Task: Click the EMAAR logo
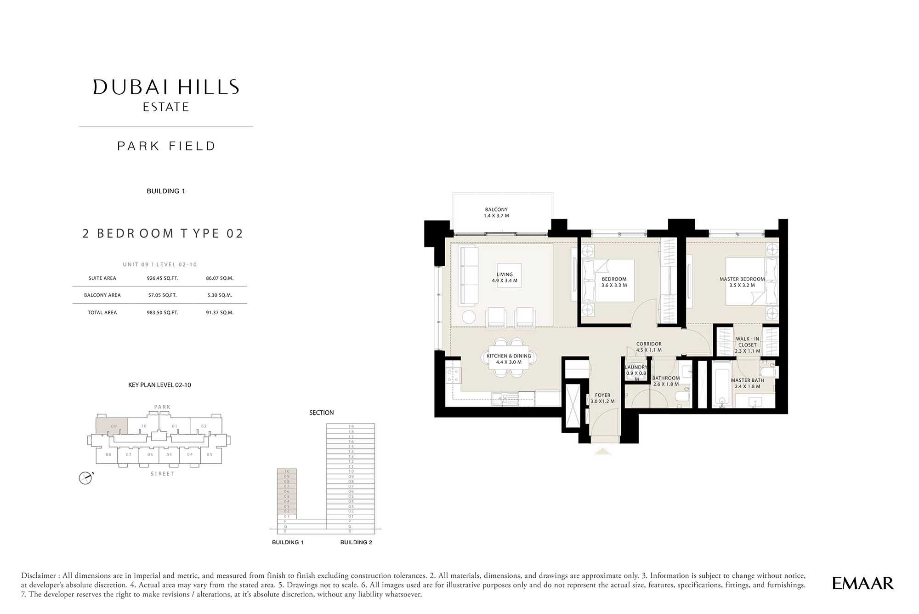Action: point(863,583)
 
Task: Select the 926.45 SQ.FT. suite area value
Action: point(162,278)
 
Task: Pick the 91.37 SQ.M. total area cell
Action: point(220,313)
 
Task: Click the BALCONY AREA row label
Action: point(102,295)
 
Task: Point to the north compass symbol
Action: point(85,478)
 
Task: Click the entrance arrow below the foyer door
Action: point(603,451)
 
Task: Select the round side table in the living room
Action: point(469,317)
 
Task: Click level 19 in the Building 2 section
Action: point(351,426)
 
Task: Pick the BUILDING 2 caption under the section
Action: point(356,542)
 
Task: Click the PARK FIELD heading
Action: point(166,146)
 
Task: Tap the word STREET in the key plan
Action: point(162,474)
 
